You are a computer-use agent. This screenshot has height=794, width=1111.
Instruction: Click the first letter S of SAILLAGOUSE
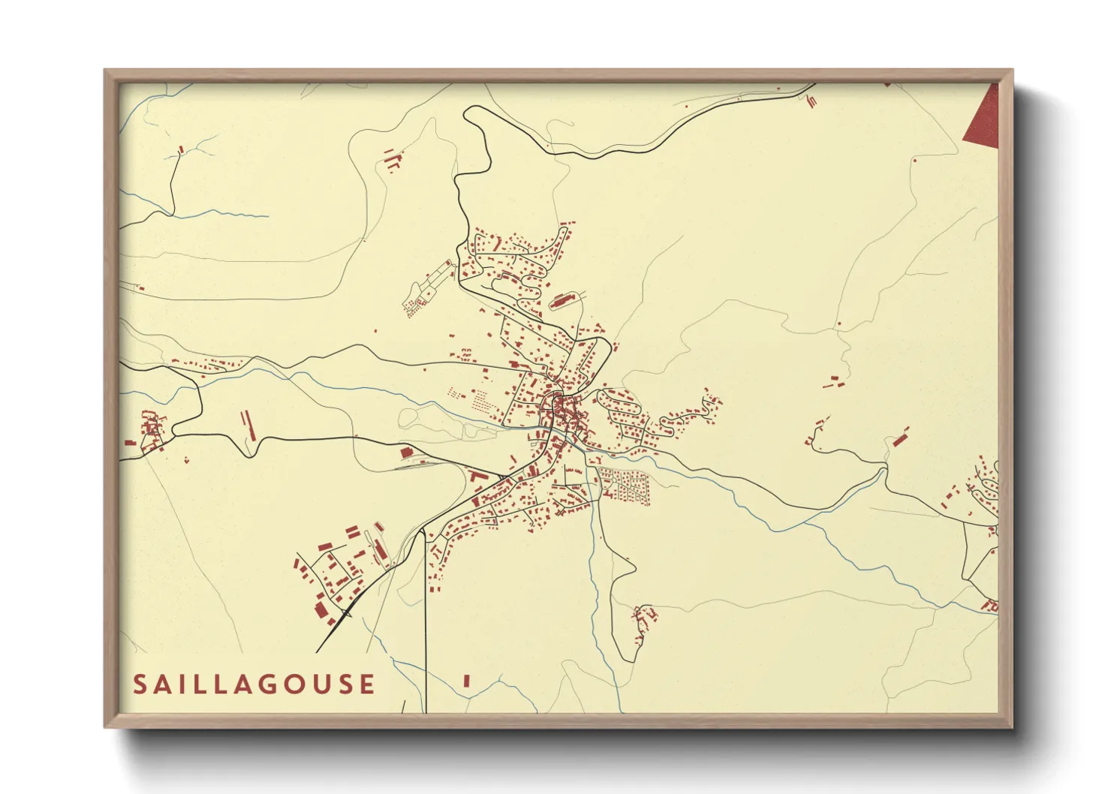[140, 684]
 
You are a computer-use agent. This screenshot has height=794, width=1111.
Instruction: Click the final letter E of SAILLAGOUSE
[367, 684]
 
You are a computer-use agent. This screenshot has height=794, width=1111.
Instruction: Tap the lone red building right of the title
[466, 681]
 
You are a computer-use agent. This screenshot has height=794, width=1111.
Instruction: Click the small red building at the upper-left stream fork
[181, 150]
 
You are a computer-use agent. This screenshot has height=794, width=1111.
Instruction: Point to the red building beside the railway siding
[406, 452]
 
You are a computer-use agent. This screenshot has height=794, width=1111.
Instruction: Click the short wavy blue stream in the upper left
[225, 215]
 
